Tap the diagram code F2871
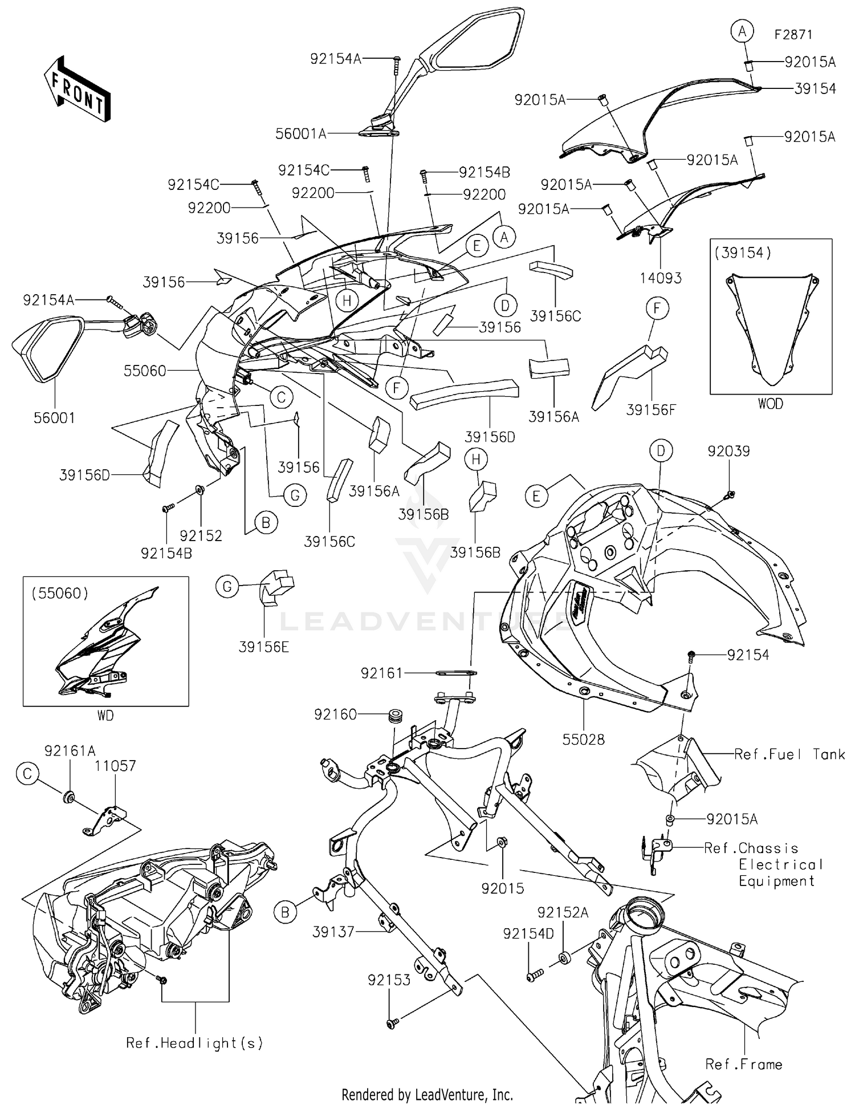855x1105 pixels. [x=793, y=35]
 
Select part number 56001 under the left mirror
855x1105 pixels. [x=54, y=418]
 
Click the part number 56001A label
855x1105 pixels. [x=300, y=134]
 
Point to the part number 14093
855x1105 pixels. [x=661, y=278]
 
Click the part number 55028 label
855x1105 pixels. [x=583, y=740]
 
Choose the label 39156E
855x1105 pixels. [x=263, y=647]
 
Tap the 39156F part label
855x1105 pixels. [x=650, y=410]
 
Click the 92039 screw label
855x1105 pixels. [x=728, y=451]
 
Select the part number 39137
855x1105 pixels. [x=333, y=932]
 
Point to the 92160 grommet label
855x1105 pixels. [x=335, y=714]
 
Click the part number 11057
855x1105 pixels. [x=116, y=766]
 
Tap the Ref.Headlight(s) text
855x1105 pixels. [x=194, y=1043]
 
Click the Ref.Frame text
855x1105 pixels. [x=743, y=1065]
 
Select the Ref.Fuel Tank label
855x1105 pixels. [x=789, y=754]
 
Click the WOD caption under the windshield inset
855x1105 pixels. [x=770, y=404]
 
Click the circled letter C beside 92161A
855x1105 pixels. [x=27, y=773]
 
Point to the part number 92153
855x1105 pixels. [x=389, y=980]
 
